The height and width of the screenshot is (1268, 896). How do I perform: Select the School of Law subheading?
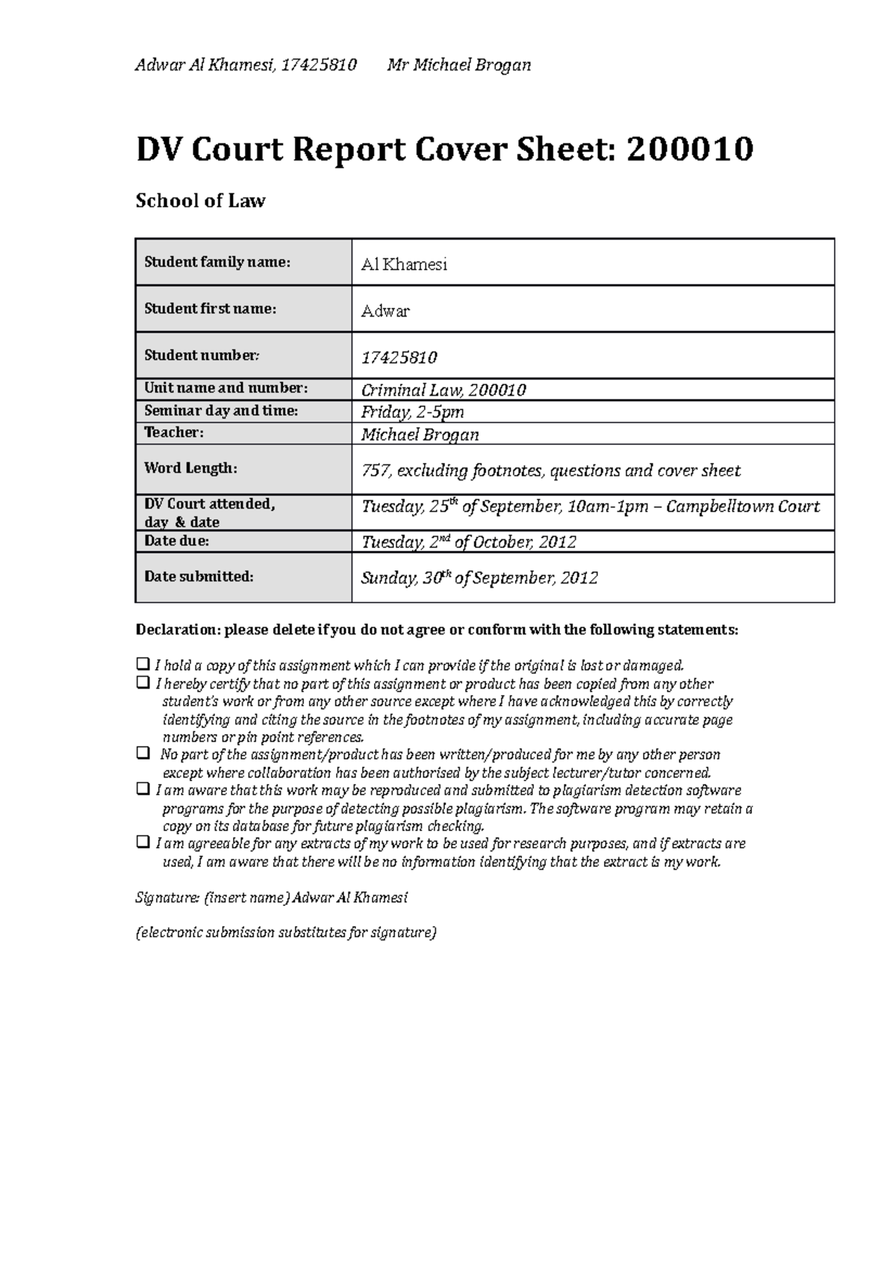[200, 201]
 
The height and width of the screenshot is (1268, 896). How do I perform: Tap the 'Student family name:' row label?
[217, 262]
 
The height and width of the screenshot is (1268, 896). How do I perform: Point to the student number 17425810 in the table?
[399, 358]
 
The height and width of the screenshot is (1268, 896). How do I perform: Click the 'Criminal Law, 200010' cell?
[444, 390]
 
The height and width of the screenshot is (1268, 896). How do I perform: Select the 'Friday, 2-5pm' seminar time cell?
[412, 412]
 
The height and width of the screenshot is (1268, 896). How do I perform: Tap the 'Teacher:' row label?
[173, 432]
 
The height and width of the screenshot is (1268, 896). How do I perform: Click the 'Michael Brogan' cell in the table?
[420, 435]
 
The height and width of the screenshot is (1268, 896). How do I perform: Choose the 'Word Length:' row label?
[190, 468]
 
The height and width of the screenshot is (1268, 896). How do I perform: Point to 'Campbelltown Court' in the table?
[743, 507]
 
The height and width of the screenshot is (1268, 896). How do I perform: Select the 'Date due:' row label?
[176, 541]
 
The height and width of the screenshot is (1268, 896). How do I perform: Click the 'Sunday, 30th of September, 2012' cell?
[479, 578]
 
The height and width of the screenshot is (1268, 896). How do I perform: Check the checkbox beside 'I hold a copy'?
[142, 664]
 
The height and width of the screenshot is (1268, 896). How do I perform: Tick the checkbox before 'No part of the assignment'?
[142, 753]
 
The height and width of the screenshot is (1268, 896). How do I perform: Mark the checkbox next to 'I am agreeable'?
[142, 842]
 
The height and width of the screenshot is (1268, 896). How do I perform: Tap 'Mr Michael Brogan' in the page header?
[458, 65]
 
